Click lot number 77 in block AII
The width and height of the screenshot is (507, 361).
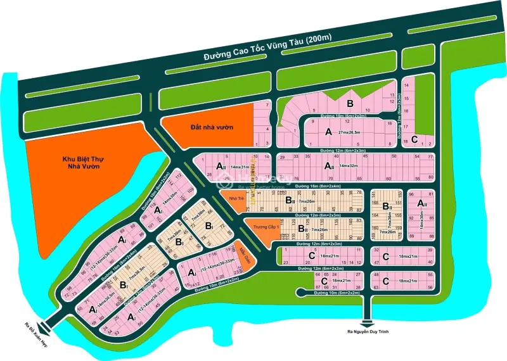(430, 156)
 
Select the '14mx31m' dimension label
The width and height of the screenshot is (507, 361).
(240, 166)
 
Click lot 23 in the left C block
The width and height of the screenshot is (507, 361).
(286, 262)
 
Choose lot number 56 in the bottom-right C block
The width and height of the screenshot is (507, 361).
(430, 288)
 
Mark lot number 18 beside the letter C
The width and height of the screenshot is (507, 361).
(406, 141)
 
